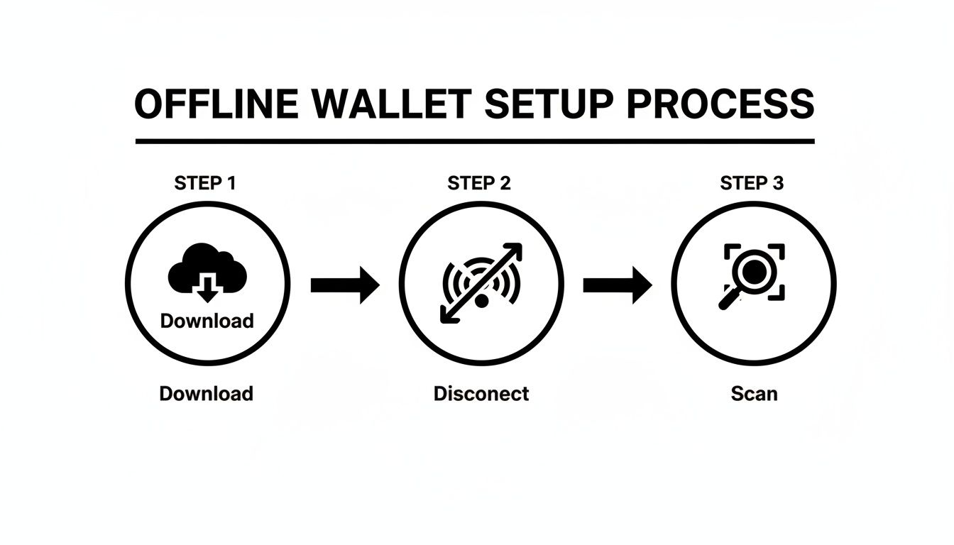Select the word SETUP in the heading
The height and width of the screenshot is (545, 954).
[547, 104]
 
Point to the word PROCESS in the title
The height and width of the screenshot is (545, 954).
[721, 104]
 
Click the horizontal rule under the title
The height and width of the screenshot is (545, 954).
[474, 142]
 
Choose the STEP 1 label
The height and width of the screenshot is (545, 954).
[205, 183]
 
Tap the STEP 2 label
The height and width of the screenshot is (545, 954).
[479, 183]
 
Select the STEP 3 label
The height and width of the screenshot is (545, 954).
[752, 183]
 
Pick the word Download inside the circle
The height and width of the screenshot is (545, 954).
[207, 321]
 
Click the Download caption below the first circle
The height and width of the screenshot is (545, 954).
[206, 393]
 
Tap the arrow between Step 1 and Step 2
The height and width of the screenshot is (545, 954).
[345, 285]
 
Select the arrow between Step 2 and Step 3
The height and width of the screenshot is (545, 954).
[617, 285]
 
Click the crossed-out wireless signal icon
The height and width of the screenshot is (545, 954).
[481, 283]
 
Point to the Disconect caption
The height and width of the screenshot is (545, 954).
[481, 393]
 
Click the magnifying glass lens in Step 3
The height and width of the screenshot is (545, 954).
[752, 270]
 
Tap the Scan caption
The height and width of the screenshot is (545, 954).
[754, 393]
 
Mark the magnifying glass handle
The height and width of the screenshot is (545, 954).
[729, 299]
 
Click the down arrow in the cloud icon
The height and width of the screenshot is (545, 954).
[207, 287]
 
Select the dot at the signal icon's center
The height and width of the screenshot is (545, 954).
[482, 300]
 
